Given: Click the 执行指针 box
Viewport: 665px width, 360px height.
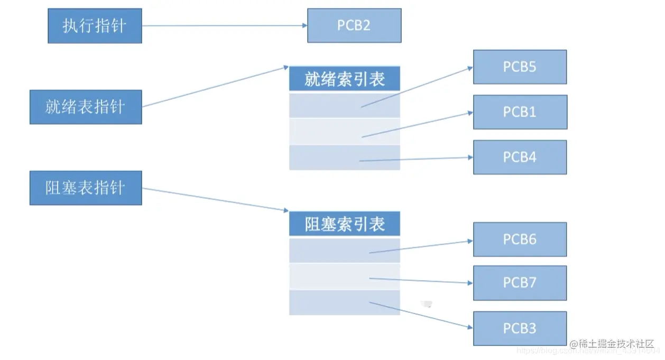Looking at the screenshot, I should (95, 26).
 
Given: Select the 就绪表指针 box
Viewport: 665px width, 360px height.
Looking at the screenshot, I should (86, 107).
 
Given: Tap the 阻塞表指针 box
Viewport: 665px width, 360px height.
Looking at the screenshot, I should (86, 188).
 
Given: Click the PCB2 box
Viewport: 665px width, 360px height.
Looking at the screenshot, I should (354, 25).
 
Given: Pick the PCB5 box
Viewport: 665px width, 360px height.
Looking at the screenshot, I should (520, 67).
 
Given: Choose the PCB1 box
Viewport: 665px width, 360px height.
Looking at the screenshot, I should (520, 112).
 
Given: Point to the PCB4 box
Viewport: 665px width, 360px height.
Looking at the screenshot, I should (520, 157).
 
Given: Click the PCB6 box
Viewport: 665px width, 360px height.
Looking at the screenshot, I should (520, 239).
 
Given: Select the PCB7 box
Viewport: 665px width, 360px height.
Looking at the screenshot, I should (520, 283).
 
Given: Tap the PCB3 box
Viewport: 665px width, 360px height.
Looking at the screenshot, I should (520, 328).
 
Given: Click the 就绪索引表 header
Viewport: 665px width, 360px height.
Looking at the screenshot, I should (345, 79).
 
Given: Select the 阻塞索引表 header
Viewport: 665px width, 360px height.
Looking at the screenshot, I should (345, 224).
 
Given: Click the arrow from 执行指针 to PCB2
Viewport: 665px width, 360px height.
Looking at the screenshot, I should (225, 25).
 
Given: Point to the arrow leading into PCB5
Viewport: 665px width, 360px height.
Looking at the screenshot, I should (418, 87).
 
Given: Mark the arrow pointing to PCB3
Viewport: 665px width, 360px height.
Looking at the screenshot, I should (420, 315).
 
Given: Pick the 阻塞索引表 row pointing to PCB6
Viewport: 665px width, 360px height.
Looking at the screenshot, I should (328, 250).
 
